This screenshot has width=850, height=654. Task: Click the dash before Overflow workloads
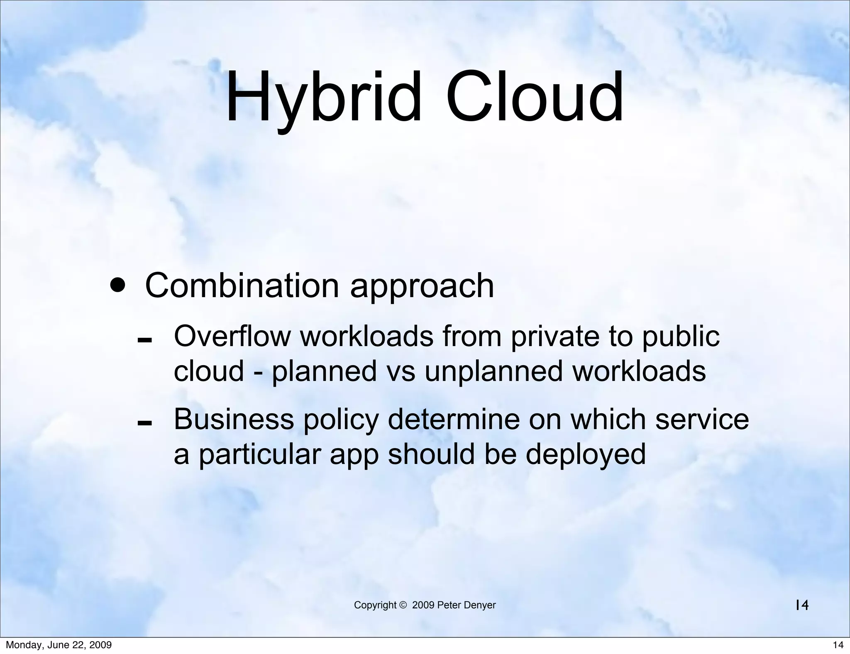[x=144, y=341]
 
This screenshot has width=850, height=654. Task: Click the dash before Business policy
[x=144, y=424]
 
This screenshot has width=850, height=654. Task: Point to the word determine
[x=454, y=419]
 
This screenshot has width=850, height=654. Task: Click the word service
[x=702, y=419]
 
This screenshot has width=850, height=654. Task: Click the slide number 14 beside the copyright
[x=802, y=605]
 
